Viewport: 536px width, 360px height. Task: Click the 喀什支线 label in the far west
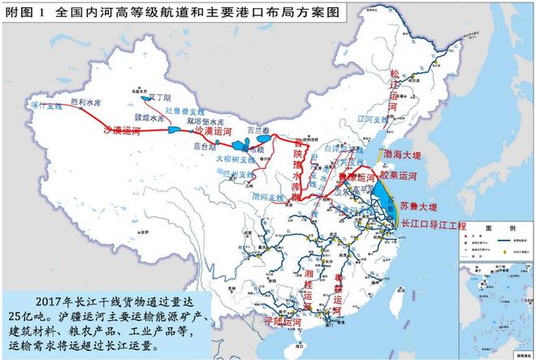[45, 106]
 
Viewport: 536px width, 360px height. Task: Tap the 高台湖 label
[205, 147]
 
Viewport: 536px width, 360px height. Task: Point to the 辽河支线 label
[370, 119]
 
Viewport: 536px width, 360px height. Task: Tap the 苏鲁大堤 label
[418, 206]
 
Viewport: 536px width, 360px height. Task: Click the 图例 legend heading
[488, 230]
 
